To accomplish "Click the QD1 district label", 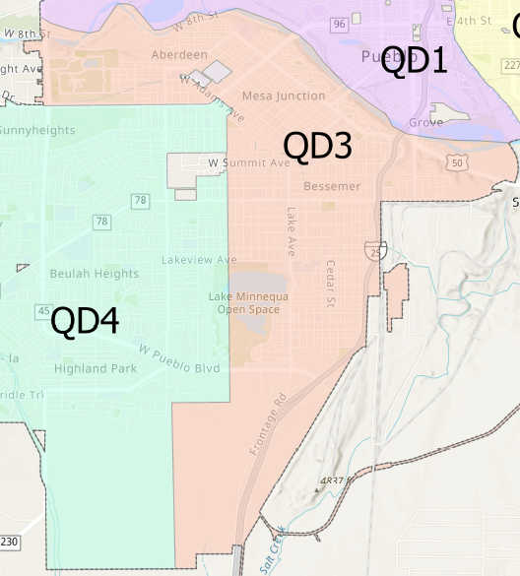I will [x=414, y=61].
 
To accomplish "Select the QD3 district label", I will [x=317, y=147].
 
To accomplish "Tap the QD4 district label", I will [x=85, y=321].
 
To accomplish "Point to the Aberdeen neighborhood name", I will [x=179, y=55].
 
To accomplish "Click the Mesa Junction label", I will [x=284, y=96].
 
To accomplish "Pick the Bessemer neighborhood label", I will [x=332, y=186].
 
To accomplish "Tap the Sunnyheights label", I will [x=37, y=131].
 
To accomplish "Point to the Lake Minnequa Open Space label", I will [x=243, y=303].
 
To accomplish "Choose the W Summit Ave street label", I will [x=248, y=162].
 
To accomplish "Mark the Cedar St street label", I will [x=331, y=283].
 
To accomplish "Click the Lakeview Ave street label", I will [x=199, y=260].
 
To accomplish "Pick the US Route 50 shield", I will [x=455, y=160].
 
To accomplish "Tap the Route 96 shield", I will [x=339, y=24].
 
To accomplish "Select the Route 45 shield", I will [x=43, y=311].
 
